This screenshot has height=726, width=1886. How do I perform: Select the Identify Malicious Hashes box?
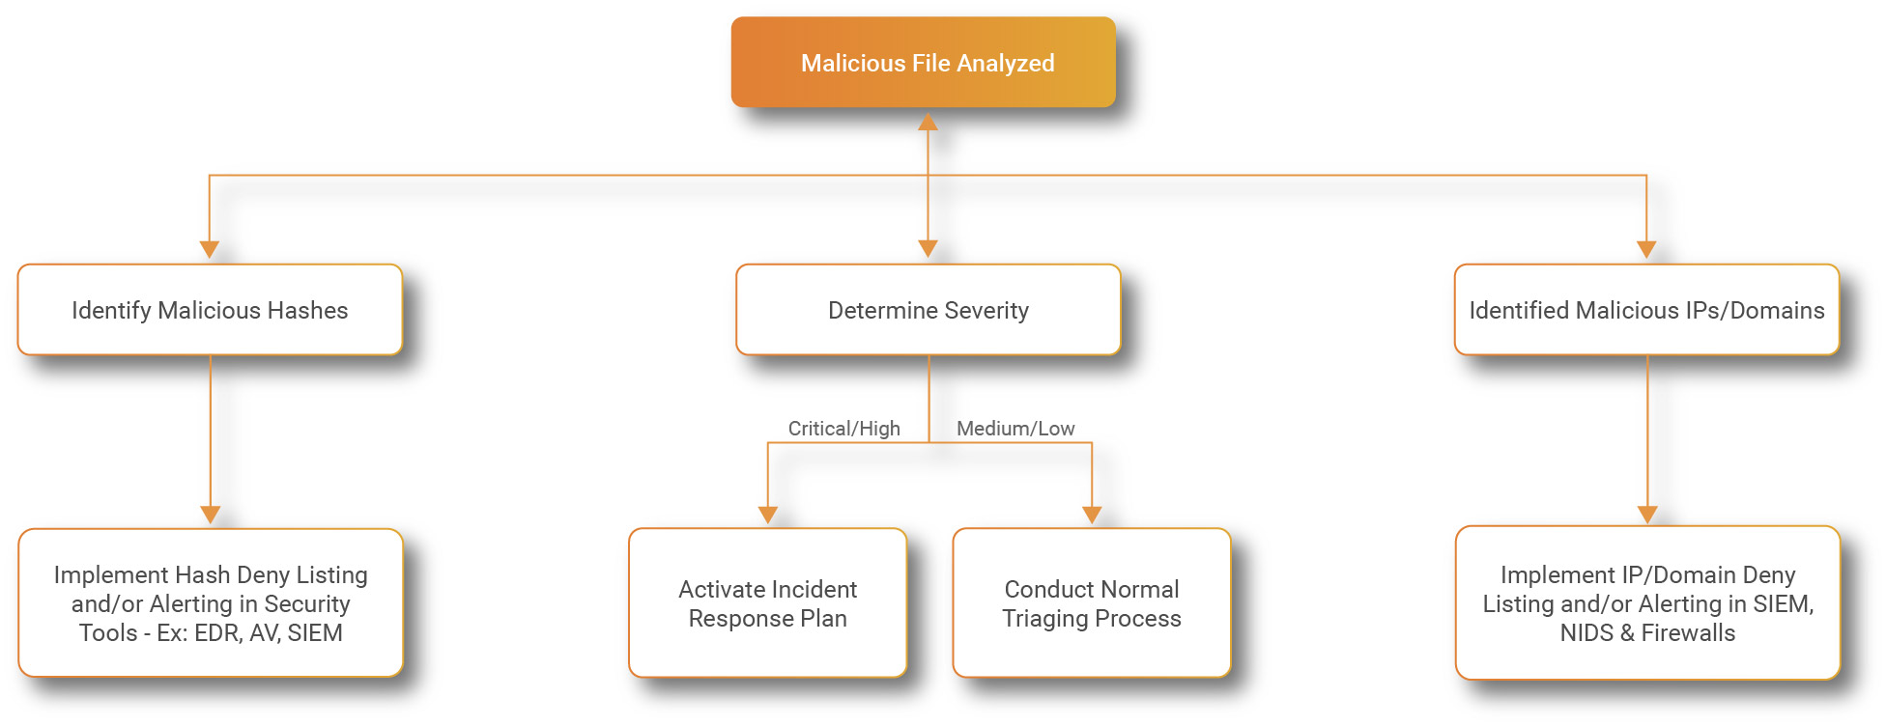(210, 310)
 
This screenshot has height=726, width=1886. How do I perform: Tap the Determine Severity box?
(928, 310)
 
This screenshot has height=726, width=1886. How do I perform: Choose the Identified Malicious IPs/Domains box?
(1646, 310)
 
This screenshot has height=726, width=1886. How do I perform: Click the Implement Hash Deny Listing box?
(211, 603)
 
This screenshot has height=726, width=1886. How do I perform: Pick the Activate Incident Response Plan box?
(767, 603)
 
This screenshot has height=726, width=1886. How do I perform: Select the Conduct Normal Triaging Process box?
(1092, 603)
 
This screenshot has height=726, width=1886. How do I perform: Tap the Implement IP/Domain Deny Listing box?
(1647, 603)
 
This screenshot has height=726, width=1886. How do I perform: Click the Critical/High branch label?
(843, 429)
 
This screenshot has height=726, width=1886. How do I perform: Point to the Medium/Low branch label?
(1015, 429)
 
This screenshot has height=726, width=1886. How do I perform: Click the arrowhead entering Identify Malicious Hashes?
(210, 249)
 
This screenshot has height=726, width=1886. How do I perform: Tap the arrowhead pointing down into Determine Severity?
(928, 249)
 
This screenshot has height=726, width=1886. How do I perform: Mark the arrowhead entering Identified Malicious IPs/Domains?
(1646, 249)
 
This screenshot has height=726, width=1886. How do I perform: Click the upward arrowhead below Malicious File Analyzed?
(928, 122)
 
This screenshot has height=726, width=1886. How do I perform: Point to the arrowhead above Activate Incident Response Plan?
(768, 515)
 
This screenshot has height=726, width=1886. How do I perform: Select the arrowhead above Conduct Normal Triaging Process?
(1092, 515)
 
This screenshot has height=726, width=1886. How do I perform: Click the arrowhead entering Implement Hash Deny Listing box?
(211, 515)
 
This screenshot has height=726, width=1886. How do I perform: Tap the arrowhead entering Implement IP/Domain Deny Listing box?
(1647, 515)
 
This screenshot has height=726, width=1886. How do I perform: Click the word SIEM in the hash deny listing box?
(315, 633)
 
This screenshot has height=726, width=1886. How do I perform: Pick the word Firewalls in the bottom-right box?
(1688, 633)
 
